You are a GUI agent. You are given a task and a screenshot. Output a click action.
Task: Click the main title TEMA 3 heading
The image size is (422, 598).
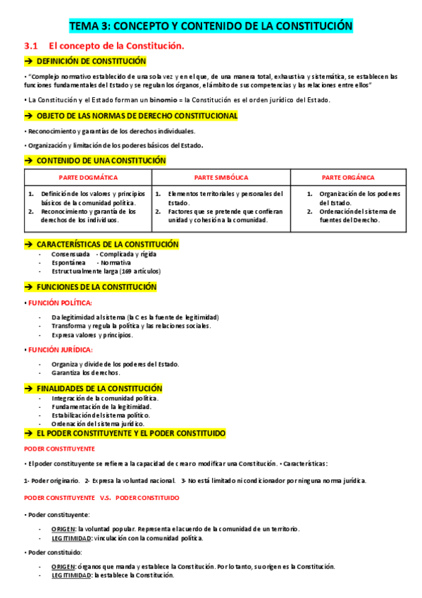click(211, 27)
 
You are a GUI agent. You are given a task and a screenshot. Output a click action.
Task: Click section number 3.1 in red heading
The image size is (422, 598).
click(30, 46)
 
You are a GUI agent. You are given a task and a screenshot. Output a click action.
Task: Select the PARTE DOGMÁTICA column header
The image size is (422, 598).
click(88, 178)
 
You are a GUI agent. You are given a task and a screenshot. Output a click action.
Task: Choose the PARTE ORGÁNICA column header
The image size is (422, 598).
click(348, 178)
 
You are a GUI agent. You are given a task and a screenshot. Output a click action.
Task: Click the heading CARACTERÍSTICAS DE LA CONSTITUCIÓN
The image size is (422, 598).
click(107, 244)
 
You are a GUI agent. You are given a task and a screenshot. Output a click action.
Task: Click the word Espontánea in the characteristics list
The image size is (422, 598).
click(69, 262)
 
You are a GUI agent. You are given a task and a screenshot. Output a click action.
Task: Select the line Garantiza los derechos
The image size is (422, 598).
click(86, 372)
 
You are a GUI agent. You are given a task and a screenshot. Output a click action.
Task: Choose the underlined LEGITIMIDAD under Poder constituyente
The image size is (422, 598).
click(71, 538)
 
